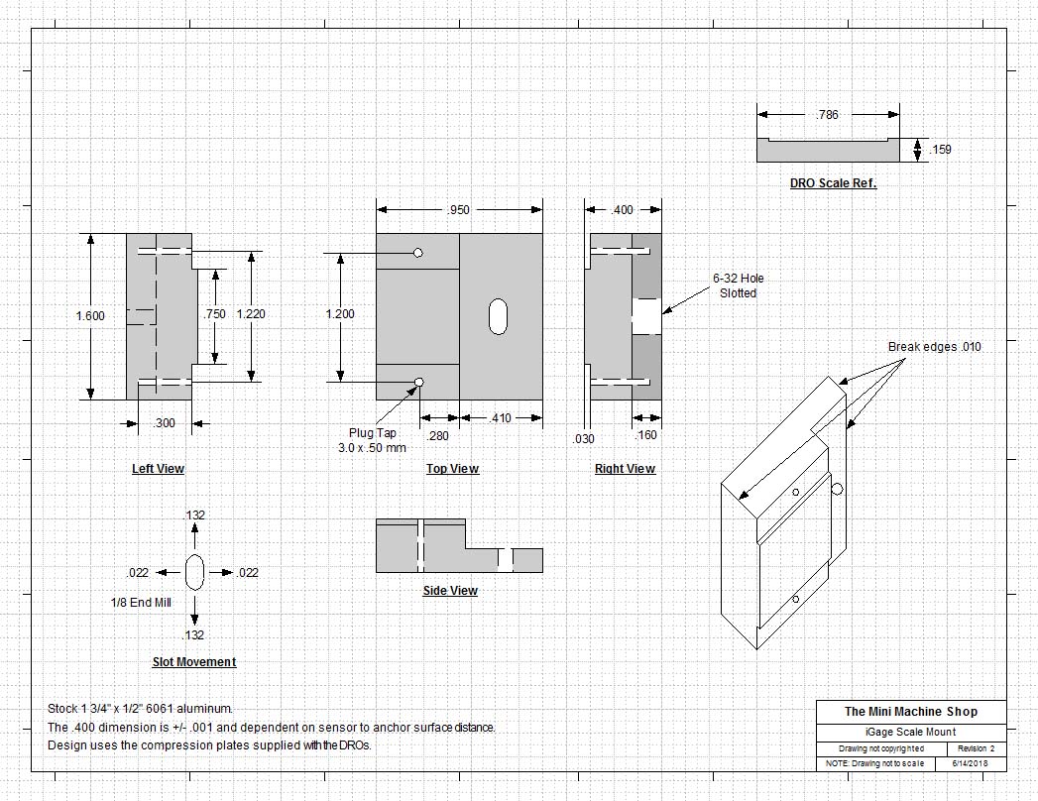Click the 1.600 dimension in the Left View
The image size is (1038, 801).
point(90,316)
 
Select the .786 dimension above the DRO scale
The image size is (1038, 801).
point(828,115)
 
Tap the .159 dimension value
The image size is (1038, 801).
point(940,150)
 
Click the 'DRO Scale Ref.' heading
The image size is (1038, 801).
point(833,182)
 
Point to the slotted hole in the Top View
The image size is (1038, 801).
point(498,316)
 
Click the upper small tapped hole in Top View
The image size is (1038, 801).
point(417,252)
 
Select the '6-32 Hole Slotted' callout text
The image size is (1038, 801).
point(739,286)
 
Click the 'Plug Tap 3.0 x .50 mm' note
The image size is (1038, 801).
point(372,440)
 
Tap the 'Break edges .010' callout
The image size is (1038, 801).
point(934,347)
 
